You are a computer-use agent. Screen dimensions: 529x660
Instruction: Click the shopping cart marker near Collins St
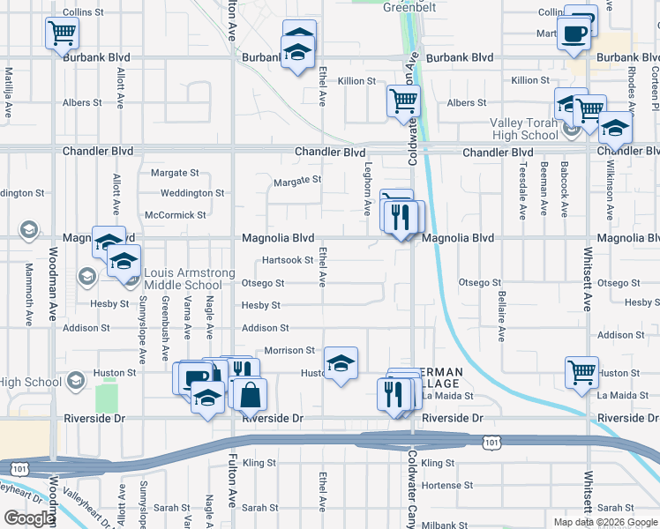pos(61,34)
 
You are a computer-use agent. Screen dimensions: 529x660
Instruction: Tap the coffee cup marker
pos(574,34)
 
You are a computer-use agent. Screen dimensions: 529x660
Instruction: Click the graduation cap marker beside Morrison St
pos(341,363)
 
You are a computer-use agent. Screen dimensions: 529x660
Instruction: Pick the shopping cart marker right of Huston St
pos(581,373)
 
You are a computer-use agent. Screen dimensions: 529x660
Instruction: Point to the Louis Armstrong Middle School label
pos(183,279)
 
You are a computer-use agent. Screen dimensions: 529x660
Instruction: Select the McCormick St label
pos(176,214)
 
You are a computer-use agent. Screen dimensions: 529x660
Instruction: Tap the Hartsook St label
pos(287,260)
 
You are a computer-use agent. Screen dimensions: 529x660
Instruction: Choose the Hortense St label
pos(447,485)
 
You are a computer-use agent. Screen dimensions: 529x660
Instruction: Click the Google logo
pos(29,518)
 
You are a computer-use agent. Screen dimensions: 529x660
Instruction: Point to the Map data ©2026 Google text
pos(604,522)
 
